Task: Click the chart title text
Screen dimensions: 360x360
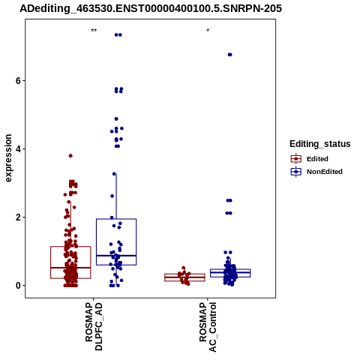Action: coord(151,8)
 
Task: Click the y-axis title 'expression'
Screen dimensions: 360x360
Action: coord(8,158)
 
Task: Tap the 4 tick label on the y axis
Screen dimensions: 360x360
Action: coord(19,149)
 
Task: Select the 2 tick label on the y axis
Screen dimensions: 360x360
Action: coord(19,217)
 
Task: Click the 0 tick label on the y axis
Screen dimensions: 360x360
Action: coord(19,286)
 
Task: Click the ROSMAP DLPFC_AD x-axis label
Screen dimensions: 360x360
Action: coord(94,326)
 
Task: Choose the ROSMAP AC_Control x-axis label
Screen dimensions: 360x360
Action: coord(208,327)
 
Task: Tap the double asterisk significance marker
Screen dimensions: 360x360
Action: coord(94,31)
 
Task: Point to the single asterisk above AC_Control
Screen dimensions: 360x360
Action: coord(208,31)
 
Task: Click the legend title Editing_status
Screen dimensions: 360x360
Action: coord(320,144)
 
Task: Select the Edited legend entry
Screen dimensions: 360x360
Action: coord(310,159)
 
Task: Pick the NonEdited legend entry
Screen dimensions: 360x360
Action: coord(316,172)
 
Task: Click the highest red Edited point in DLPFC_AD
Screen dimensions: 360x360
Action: coord(70,156)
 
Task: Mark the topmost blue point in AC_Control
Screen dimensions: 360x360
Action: coord(230,55)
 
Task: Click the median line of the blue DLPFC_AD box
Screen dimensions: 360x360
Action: coord(116,256)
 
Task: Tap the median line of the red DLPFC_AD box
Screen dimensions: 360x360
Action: coord(70,268)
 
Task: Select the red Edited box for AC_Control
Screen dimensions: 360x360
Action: coord(184,277)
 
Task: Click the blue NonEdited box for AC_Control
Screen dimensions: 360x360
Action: coord(230,273)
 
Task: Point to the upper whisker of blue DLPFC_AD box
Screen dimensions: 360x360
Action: coord(116,196)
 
